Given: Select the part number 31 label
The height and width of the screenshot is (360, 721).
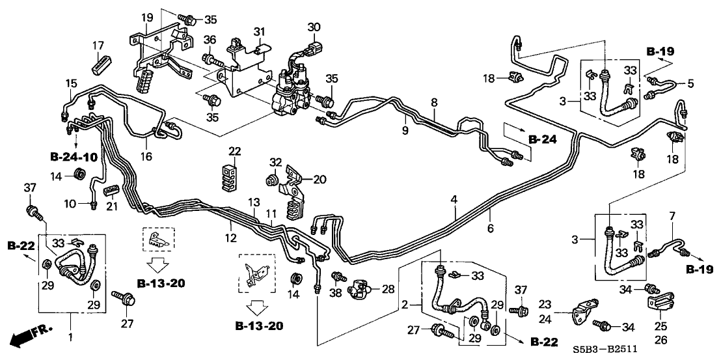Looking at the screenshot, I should pyautogui.click(x=260, y=32).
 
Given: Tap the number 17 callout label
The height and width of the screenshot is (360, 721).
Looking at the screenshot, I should pyautogui.click(x=98, y=46).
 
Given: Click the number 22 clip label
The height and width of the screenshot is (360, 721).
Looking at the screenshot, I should pyautogui.click(x=234, y=152).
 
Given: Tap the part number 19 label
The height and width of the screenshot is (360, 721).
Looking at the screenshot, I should pyautogui.click(x=147, y=17).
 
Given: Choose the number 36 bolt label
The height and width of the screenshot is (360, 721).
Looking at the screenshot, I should pyautogui.click(x=209, y=41).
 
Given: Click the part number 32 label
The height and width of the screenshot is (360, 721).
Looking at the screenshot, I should pyautogui.click(x=276, y=162).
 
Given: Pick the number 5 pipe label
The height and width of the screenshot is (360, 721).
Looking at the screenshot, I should pyautogui.click(x=690, y=83).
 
